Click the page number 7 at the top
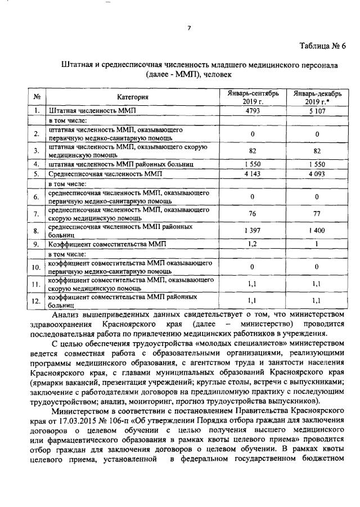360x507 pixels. tap(190, 28)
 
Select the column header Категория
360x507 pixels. tap(132, 97)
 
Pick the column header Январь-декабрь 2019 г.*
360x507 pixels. tap(317, 97)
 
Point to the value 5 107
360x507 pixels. tap(317, 111)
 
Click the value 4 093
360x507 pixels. tap(317, 174)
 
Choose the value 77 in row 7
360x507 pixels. tap(317, 213)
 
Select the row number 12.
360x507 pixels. tap(37, 301)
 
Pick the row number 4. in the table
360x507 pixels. tap(37, 164)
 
